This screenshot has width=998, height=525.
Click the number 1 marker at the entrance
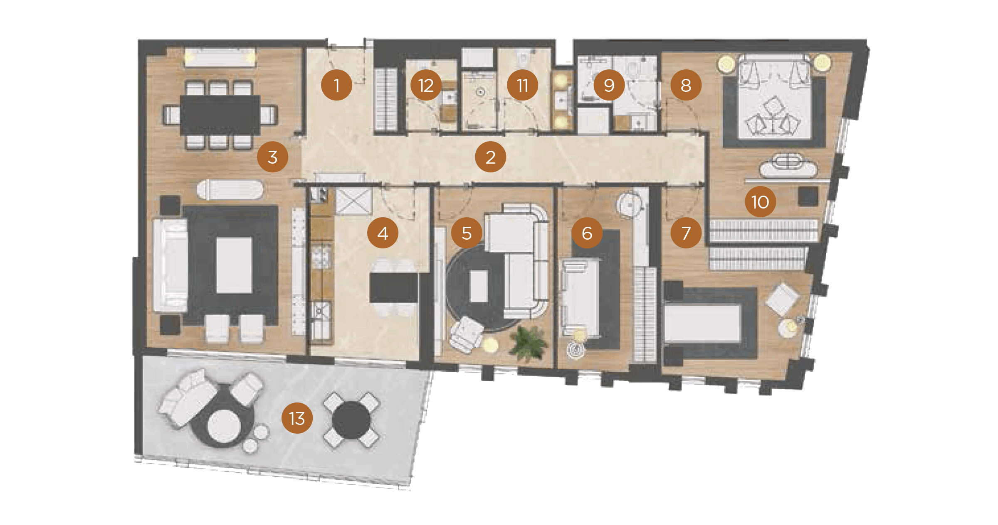pyautogui.click(x=336, y=85)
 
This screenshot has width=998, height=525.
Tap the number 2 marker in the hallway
pyautogui.click(x=490, y=157)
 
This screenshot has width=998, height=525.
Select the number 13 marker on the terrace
pyautogui.click(x=297, y=418)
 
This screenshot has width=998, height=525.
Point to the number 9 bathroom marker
pyautogui.click(x=609, y=85)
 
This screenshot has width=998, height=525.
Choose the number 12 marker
pyautogui.click(x=426, y=85)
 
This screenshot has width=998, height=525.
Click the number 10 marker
pyautogui.click(x=760, y=202)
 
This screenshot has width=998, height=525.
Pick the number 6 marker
pyautogui.click(x=587, y=233)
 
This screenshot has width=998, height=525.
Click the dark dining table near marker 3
pyautogui.click(x=220, y=115)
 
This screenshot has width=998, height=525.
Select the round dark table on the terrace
pyautogui.click(x=351, y=420)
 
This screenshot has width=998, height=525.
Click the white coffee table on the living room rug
pyautogui.click(x=234, y=265)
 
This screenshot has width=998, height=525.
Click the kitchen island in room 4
pyautogui.click(x=393, y=287)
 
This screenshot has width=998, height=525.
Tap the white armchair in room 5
pyautogui.click(x=466, y=334)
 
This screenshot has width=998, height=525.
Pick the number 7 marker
pyautogui.click(x=686, y=233)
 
